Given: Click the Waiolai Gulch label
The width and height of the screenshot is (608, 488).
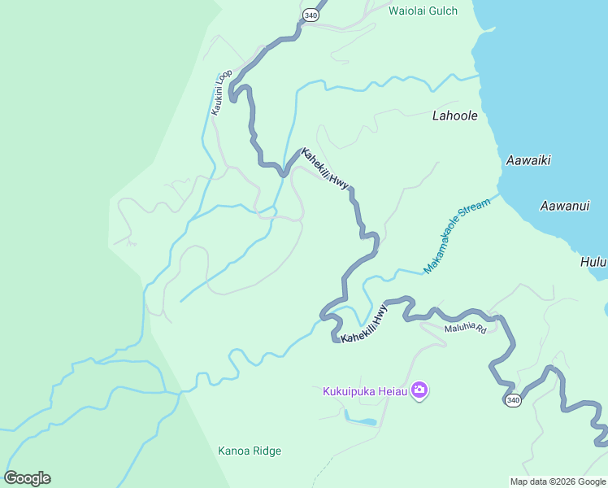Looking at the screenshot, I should [x=423, y=11].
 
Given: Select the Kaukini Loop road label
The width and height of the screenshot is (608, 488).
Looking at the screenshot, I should [x=221, y=92].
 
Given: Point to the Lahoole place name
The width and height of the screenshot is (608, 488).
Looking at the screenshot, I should [x=454, y=115].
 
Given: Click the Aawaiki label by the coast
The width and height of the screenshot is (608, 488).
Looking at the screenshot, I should [x=528, y=160].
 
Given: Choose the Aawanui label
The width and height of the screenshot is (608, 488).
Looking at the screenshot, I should [x=564, y=206].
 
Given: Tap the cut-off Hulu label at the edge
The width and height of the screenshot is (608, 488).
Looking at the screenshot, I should [x=593, y=262].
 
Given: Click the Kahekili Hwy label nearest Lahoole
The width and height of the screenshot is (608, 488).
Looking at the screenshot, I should [x=325, y=169].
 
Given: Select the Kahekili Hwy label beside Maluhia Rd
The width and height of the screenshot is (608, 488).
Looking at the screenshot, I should [x=365, y=325].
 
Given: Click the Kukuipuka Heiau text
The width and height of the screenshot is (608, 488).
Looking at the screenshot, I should [x=365, y=391].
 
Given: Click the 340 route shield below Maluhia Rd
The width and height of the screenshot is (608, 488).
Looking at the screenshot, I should [x=512, y=400].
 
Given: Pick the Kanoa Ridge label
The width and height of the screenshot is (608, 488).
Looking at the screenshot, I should [x=250, y=451].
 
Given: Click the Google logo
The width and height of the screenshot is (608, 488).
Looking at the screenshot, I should [x=27, y=478].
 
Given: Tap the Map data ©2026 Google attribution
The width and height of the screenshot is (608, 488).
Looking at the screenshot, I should [x=558, y=481].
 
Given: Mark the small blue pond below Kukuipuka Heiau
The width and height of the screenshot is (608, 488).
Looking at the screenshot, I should [x=362, y=422].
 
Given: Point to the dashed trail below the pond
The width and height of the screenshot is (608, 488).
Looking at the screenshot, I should [x=325, y=468].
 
